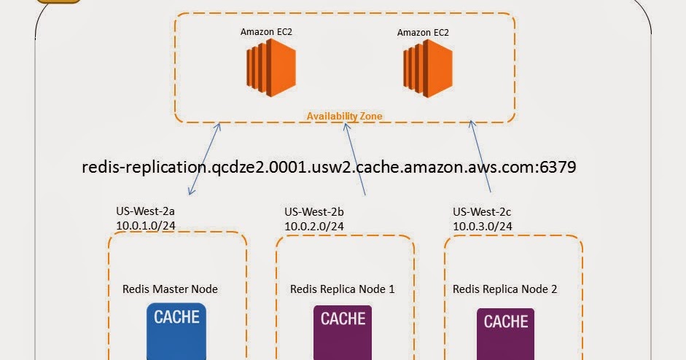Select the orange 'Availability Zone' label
(x=344, y=116)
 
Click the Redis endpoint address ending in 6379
(x=330, y=167)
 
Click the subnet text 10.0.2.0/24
(x=314, y=226)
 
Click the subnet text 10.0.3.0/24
(x=482, y=226)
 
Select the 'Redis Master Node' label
(x=170, y=289)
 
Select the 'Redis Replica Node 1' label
(x=343, y=289)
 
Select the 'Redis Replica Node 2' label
(x=505, y=289)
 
